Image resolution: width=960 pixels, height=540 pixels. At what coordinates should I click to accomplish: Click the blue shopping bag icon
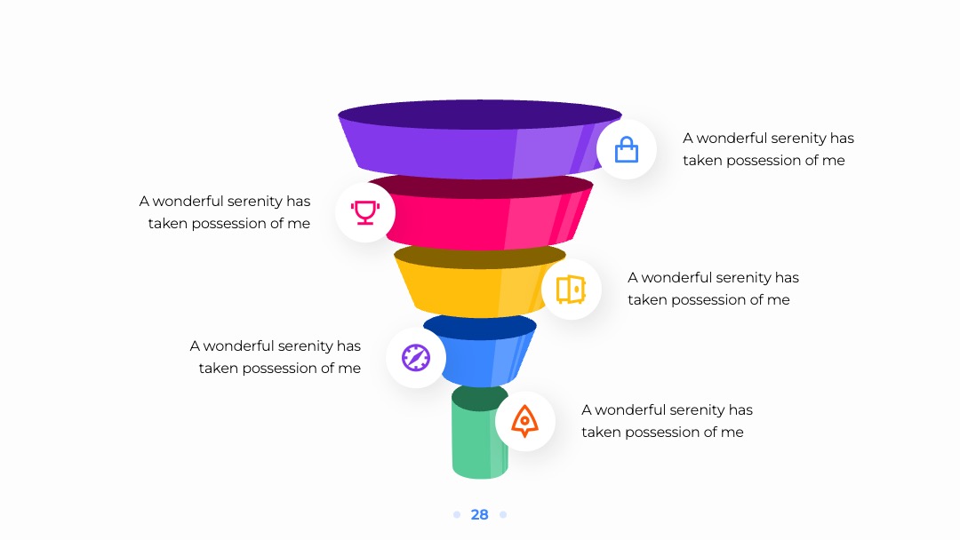(x=627, y=150)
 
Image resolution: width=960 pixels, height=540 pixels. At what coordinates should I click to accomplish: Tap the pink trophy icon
(x=365, y=212)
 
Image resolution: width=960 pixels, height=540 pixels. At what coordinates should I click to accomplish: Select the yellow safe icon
(x=571, y=290)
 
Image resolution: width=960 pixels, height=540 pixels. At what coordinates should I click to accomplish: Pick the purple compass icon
(x=416, y=358)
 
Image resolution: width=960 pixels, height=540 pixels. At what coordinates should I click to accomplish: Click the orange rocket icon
(x=524, y=421)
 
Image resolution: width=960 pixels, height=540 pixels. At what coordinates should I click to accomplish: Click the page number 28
(x=479, y=515)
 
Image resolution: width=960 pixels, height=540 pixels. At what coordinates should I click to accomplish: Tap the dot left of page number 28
(x=457, y=515)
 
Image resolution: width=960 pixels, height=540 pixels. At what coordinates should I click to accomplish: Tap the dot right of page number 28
(x=503, y=515)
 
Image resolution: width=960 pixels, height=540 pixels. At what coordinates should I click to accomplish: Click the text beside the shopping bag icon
(x=768, y=149)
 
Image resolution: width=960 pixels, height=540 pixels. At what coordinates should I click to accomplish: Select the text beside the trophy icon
(x=225, y=212)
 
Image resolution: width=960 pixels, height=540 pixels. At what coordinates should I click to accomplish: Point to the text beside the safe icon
(x=713, y=289)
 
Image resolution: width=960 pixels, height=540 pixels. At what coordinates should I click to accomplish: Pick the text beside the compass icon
(x=276, y=357)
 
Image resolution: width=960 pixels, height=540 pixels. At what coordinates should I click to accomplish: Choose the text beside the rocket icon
(x=667, y=421)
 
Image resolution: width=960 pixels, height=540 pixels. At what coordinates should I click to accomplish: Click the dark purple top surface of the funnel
(x=480, y=115)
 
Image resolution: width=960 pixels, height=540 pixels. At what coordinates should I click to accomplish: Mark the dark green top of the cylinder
(x=480, y=398)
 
